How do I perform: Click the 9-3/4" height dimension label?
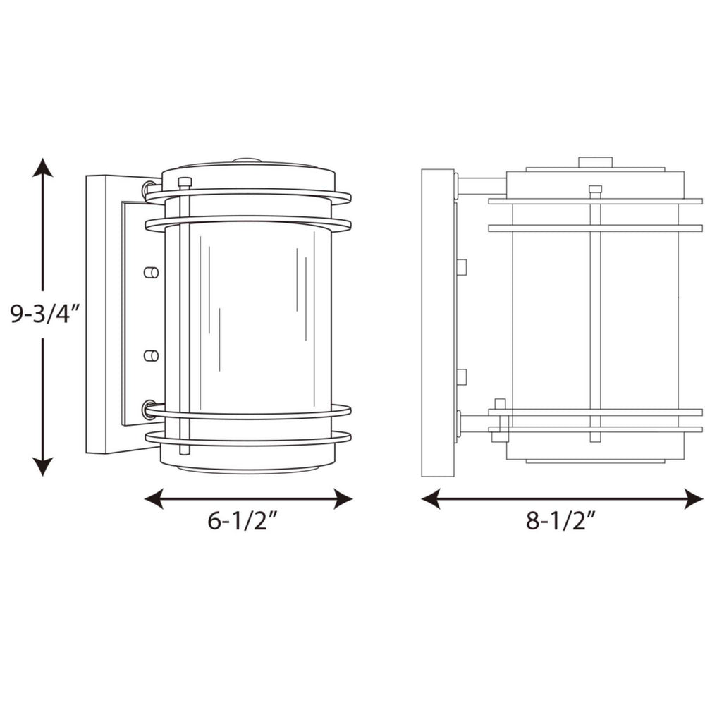click(44, 314)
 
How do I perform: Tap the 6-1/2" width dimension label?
click(242, 521)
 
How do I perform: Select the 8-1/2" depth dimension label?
click(560, 521)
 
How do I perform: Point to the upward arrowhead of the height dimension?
click(43, 168)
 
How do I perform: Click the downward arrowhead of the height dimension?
click(43, 466)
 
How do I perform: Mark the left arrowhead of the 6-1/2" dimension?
click(154, 499)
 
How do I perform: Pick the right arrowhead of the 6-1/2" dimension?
click(343, 499)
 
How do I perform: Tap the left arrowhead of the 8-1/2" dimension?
click(431, 499)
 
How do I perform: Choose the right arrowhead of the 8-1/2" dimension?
click(693, 499)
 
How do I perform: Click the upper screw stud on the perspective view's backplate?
click(151, 272)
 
